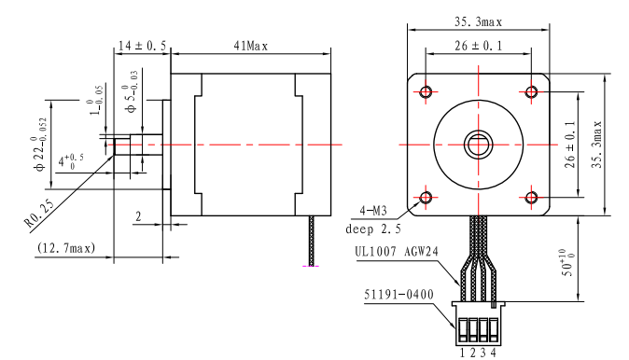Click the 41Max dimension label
tap(251, 46)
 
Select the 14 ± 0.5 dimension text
tap(142, 46)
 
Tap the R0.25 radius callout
tap(39, 214)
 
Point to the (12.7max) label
tap(66, 248)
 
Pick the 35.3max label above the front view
tap(478, 21)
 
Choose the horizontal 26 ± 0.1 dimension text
tap(478, 46)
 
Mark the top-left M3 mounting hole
tap(426, 91)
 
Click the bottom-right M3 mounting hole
tap(532, 197)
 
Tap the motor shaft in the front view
tap(478, 145)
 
